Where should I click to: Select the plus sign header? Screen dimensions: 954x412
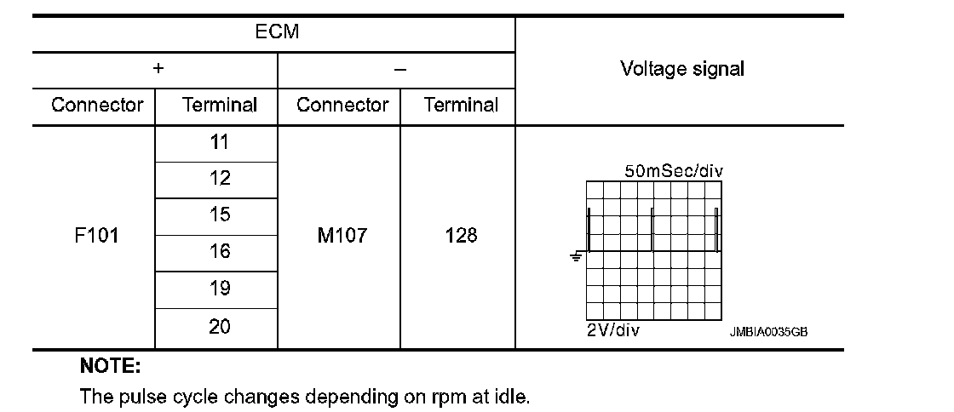click(x=158, y=70)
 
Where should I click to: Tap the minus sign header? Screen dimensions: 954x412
click(x=399, y=70)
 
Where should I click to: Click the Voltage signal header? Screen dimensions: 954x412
click(x=681, y=69)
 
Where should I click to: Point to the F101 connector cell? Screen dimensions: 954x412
click(x=96, y=237)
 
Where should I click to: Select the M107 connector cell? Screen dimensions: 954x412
click(x=342, y=237)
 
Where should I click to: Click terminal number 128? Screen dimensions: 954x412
click(x=461, y=237)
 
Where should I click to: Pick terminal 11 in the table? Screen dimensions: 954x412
click(x=220, y=143)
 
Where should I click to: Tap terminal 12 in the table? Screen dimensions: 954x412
click(x=220, y=180)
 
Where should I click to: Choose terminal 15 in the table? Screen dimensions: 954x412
click(x=220, y=215)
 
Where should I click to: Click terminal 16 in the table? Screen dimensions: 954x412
click(x=220, y=252)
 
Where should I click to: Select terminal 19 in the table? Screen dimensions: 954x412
click(x=220, y=289)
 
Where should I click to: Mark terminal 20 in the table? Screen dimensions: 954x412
click(x=220, y=327)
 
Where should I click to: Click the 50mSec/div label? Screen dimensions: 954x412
click(x=674, y=171)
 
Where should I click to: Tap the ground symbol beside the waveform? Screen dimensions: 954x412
click(x=577, y=255)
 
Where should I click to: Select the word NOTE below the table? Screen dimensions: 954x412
click(x=110, y=367)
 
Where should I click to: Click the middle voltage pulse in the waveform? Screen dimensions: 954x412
click(x=652, y=230)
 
